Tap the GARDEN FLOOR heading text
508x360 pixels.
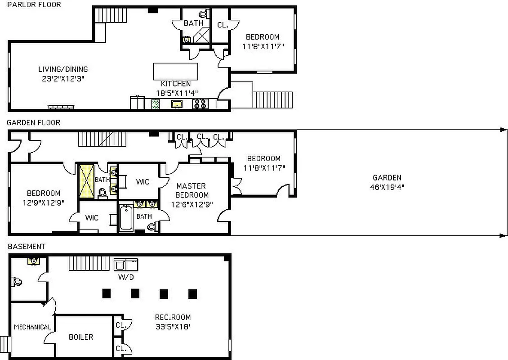point(33,122)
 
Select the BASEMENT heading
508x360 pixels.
point(27,247)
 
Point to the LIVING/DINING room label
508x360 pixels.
point(63,69)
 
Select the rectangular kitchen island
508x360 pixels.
point(175,72)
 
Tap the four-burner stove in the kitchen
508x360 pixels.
point(199,104)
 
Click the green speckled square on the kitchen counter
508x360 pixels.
point(155,104)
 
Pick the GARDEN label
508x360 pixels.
point(387,178)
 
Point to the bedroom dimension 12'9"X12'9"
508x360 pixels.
point(43,202)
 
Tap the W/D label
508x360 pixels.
point(126,277)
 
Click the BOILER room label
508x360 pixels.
point(81,337)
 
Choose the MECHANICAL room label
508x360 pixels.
point(32,327)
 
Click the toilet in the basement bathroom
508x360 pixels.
point(17,282)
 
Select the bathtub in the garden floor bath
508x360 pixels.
point(126,219)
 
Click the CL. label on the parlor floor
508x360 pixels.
point(223,25)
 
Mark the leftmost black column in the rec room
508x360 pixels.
point(107,293)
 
